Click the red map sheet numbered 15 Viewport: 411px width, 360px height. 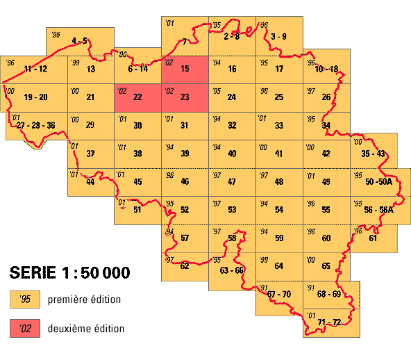tap(185, 70)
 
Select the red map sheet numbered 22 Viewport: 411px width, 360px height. tap(137, 97)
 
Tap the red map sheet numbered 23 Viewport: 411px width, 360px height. tap(185, 97)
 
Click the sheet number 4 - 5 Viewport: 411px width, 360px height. tap(79, 41)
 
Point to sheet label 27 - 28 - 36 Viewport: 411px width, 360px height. tap(35, 125)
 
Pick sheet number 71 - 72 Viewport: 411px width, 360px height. tap(329, 322)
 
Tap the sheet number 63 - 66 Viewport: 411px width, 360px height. tap(232, 270)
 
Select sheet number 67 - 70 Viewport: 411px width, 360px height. tap(280, 295)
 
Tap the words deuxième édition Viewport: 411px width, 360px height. tap(86, 328)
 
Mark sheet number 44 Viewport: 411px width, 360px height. tap(90, 182)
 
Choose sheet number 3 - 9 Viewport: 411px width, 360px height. tap(279, 36)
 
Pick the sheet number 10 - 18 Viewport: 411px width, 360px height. tap(326, 69)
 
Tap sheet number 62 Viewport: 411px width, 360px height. tap(185, 265)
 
